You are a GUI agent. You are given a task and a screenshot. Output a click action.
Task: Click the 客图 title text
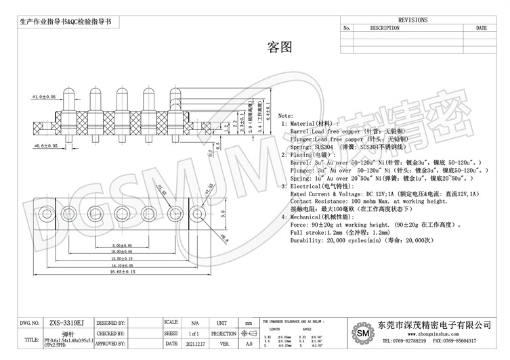click(x=280, y=47)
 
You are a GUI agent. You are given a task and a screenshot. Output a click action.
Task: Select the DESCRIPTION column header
click(x=384, y=28)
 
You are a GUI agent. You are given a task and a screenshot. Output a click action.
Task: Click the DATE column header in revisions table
click(x=481, y=28)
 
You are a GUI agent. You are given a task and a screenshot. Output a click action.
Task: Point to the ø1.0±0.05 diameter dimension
click(x=44, y=97)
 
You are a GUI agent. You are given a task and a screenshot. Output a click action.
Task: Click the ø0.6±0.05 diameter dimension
click(x=45, y=145)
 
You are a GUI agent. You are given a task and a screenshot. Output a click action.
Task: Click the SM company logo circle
click(x=364, y=334)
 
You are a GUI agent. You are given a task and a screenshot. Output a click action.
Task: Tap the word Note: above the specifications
click(x=286, y=116)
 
